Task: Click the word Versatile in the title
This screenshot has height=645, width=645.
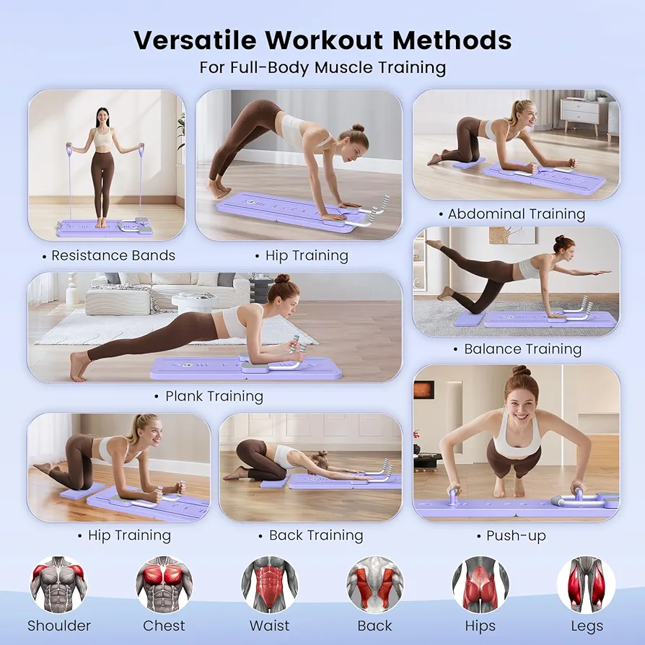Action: pos(196,40)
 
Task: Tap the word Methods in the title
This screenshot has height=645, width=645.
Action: pos(452,40)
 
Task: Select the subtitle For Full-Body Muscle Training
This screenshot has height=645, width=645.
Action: pos(322,68)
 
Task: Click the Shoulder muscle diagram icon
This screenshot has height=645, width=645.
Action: pos(58,584)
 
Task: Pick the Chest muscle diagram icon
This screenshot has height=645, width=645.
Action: pos(164,584)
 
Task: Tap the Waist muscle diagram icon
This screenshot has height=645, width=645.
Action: pos(269,584)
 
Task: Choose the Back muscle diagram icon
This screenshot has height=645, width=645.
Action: pos(374,584)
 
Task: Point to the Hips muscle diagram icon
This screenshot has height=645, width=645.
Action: pos(481,584)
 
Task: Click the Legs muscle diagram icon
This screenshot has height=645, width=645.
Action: pos(586,584)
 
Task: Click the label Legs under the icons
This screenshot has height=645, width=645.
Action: pos(587,626)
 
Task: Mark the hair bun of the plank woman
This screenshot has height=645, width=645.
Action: pos(282,279)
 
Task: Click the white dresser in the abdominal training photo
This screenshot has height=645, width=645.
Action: pos(580,113)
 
